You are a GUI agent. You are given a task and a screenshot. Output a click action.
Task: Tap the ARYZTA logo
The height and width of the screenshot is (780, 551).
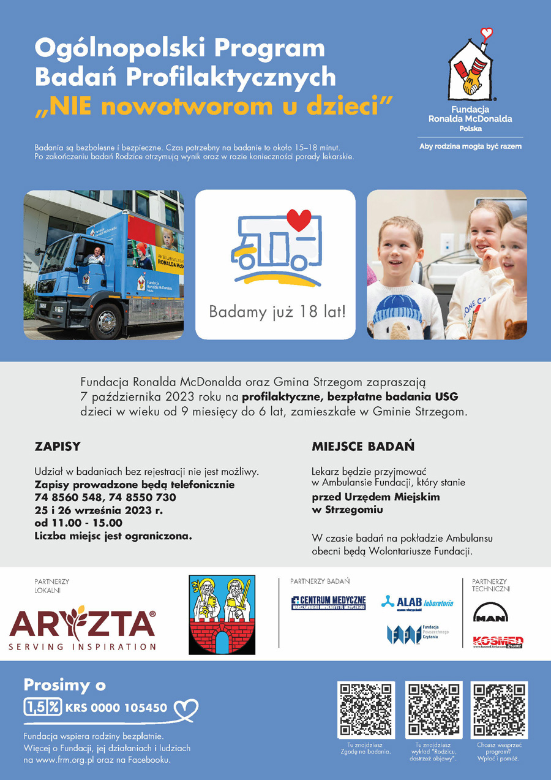coord(83,629)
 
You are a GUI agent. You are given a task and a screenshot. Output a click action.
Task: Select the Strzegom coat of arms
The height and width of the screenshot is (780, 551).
coord(222,615)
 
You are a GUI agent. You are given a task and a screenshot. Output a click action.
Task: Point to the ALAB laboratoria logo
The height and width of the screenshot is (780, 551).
coord(418,603)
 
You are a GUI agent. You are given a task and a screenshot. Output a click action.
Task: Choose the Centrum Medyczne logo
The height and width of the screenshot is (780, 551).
coord(328,603)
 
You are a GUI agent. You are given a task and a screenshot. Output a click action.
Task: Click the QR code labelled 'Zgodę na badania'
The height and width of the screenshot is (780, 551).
coord(365,710)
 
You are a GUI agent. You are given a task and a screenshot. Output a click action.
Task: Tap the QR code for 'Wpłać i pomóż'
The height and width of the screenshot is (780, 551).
coord(498,710)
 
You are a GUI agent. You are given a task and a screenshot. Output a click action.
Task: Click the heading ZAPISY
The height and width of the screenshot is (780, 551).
coord(58,447)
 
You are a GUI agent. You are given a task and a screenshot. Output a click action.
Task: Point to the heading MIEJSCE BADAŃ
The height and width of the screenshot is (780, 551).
coord(363,447)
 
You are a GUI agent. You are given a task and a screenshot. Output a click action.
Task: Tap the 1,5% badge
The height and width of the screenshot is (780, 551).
coord(42,707)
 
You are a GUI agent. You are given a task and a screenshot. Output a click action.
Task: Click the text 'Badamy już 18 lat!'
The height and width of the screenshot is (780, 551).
coord(277,312)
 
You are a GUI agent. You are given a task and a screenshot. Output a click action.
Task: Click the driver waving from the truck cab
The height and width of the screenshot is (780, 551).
coord(96,256)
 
